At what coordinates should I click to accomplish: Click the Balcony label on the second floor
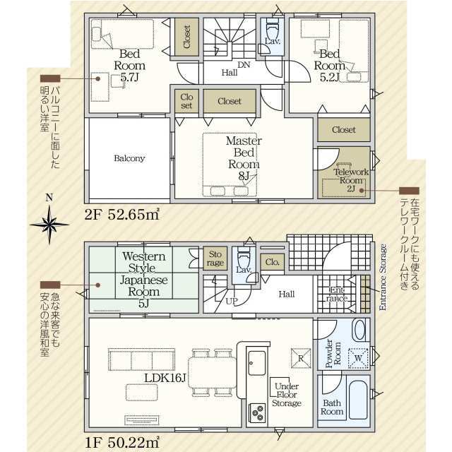129,158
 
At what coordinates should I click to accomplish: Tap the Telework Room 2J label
351,181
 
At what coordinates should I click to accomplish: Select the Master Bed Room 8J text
244,158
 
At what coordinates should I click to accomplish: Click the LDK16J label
165,378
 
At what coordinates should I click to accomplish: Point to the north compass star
49,225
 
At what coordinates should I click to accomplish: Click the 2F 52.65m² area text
122,215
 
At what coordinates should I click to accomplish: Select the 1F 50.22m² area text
122,443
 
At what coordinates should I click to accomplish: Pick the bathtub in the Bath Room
358,400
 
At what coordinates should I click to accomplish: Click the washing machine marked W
358,358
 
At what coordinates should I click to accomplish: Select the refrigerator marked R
301,358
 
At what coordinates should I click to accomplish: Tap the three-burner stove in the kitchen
257,413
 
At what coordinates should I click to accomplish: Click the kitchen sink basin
256,363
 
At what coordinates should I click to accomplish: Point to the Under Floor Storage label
287,395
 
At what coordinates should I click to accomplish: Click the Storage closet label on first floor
215,258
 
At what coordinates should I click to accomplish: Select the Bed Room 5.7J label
129,66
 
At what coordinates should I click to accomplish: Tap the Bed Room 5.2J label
329,66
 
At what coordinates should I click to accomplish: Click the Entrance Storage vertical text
383,277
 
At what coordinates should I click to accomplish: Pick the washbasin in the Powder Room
359,330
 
